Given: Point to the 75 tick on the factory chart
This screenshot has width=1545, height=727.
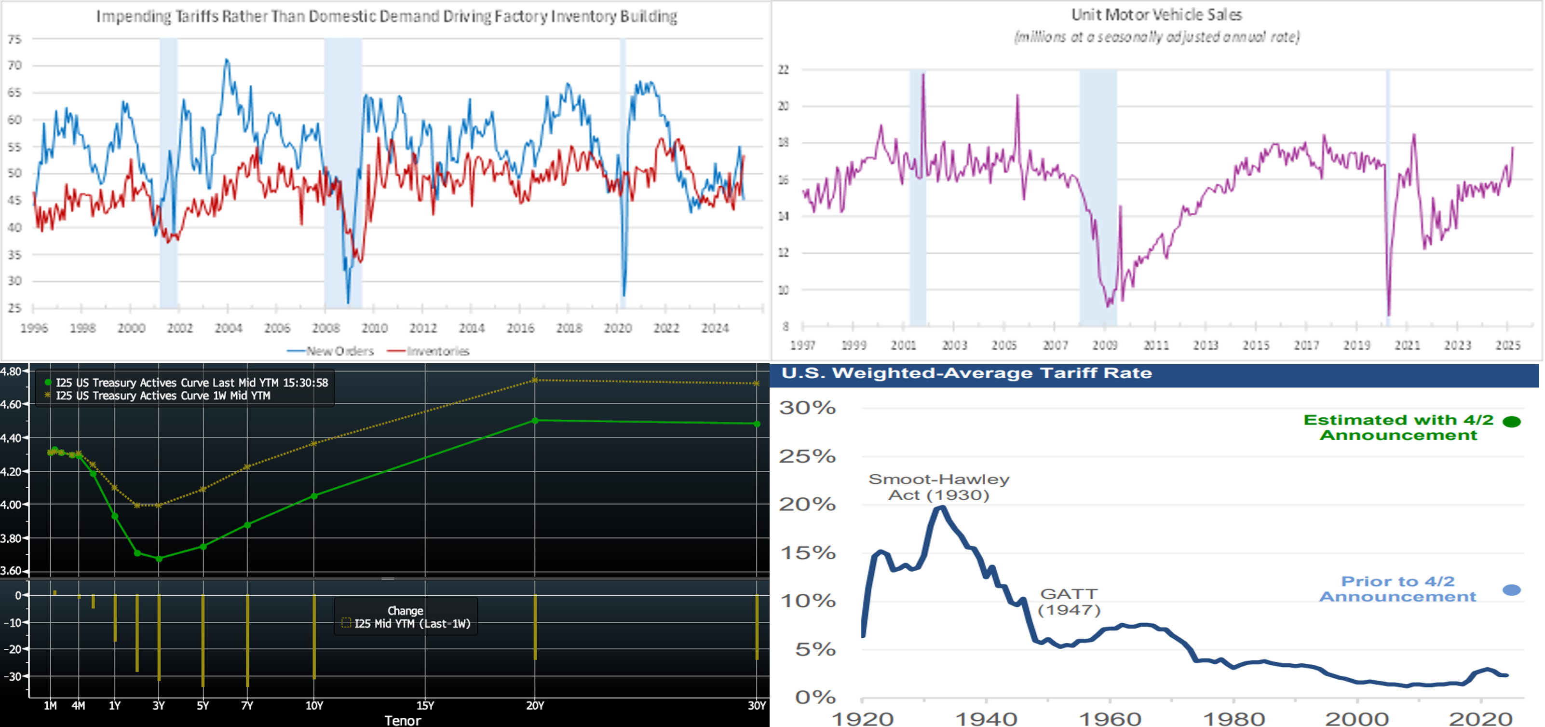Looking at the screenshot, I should pos(14,39).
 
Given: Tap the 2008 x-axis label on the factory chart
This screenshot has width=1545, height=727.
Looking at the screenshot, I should pos(325,328).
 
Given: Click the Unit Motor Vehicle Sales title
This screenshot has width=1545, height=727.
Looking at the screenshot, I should pos(1156,14).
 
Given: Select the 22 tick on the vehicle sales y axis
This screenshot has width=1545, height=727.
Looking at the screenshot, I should pos(783,69).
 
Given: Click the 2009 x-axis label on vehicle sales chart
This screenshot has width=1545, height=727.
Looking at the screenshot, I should pos(1104,345).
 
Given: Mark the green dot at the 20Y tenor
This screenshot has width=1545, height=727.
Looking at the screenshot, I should pos(535,421).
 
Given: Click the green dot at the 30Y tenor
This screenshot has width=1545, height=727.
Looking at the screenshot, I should pos(757,424).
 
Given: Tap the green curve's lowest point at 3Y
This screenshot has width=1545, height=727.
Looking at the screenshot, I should pos(159,559).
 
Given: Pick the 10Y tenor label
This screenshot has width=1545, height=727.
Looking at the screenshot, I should pos(314,705).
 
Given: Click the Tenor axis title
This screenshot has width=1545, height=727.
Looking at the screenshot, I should pos(403,720).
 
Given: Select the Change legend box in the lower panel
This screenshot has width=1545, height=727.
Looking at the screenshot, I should pos(406,617).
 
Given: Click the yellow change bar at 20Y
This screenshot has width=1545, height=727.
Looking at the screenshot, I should pos(535,627).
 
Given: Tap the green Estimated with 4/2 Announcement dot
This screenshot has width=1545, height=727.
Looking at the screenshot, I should pos(1511,422).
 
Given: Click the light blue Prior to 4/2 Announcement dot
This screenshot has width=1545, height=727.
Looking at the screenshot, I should pos(1511,590).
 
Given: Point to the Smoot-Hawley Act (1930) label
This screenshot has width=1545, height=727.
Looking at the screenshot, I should pos(939,486).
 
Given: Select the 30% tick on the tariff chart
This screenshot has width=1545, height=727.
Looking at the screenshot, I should pos(807,408).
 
